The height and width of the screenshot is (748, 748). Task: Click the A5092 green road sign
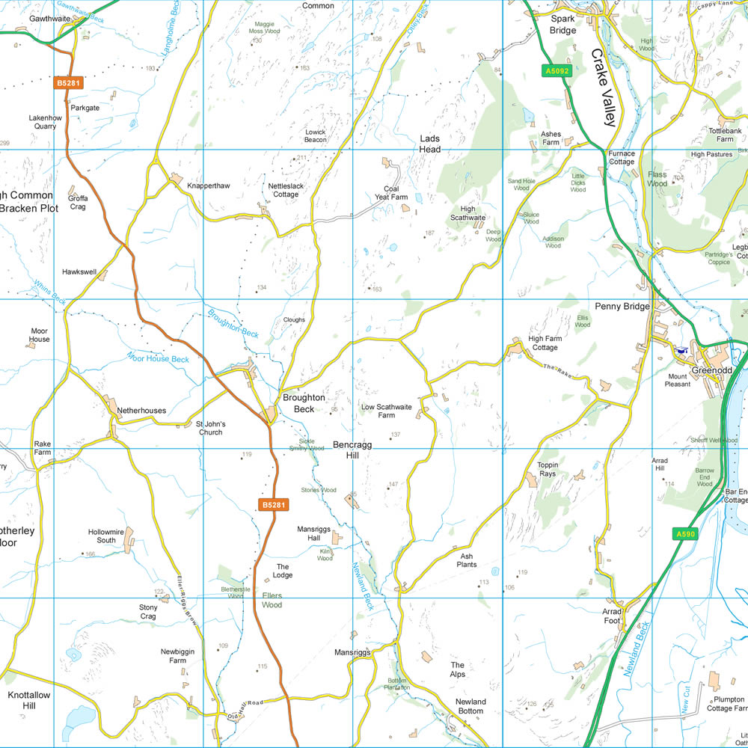(557, 71)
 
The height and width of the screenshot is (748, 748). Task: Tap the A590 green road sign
(685, 534)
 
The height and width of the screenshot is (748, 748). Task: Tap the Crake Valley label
(603, 88)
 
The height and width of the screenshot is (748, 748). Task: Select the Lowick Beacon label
(316, 135)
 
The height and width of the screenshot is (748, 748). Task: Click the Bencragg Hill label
(352, 450)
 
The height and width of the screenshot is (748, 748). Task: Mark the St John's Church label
(209, 428)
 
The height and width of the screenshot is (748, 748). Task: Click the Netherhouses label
(141, 411)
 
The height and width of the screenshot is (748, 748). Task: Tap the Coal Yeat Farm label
(396, 193)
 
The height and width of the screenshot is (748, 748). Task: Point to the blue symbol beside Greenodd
(681, 350)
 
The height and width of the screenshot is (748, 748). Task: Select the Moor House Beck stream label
(158, 358)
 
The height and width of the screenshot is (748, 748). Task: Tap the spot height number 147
(392, 485)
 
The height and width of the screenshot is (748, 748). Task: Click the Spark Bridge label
(563, 25)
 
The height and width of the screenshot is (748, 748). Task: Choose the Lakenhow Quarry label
(43, 122)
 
